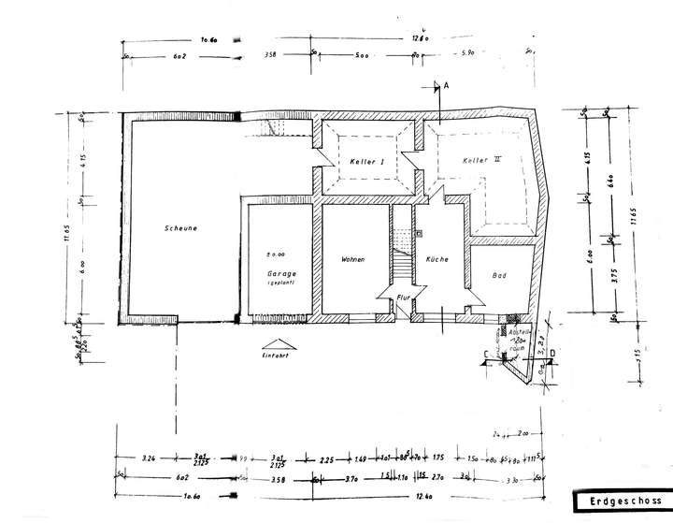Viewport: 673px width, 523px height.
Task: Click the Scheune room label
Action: (x=179, y=227)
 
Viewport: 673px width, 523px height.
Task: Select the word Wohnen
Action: (x=352, y=259)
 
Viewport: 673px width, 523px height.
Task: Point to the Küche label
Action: (x=437, y=259)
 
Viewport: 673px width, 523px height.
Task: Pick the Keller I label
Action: (x=367, y=162)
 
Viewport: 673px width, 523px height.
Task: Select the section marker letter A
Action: (x=447, y=85)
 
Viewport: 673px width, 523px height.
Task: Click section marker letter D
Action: (x=553, y=352)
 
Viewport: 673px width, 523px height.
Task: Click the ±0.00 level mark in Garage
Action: (x=275, y=254)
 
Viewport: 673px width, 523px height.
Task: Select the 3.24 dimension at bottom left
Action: (x=148, y=458)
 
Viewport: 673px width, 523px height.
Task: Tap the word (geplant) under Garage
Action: (x=280, y=283)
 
